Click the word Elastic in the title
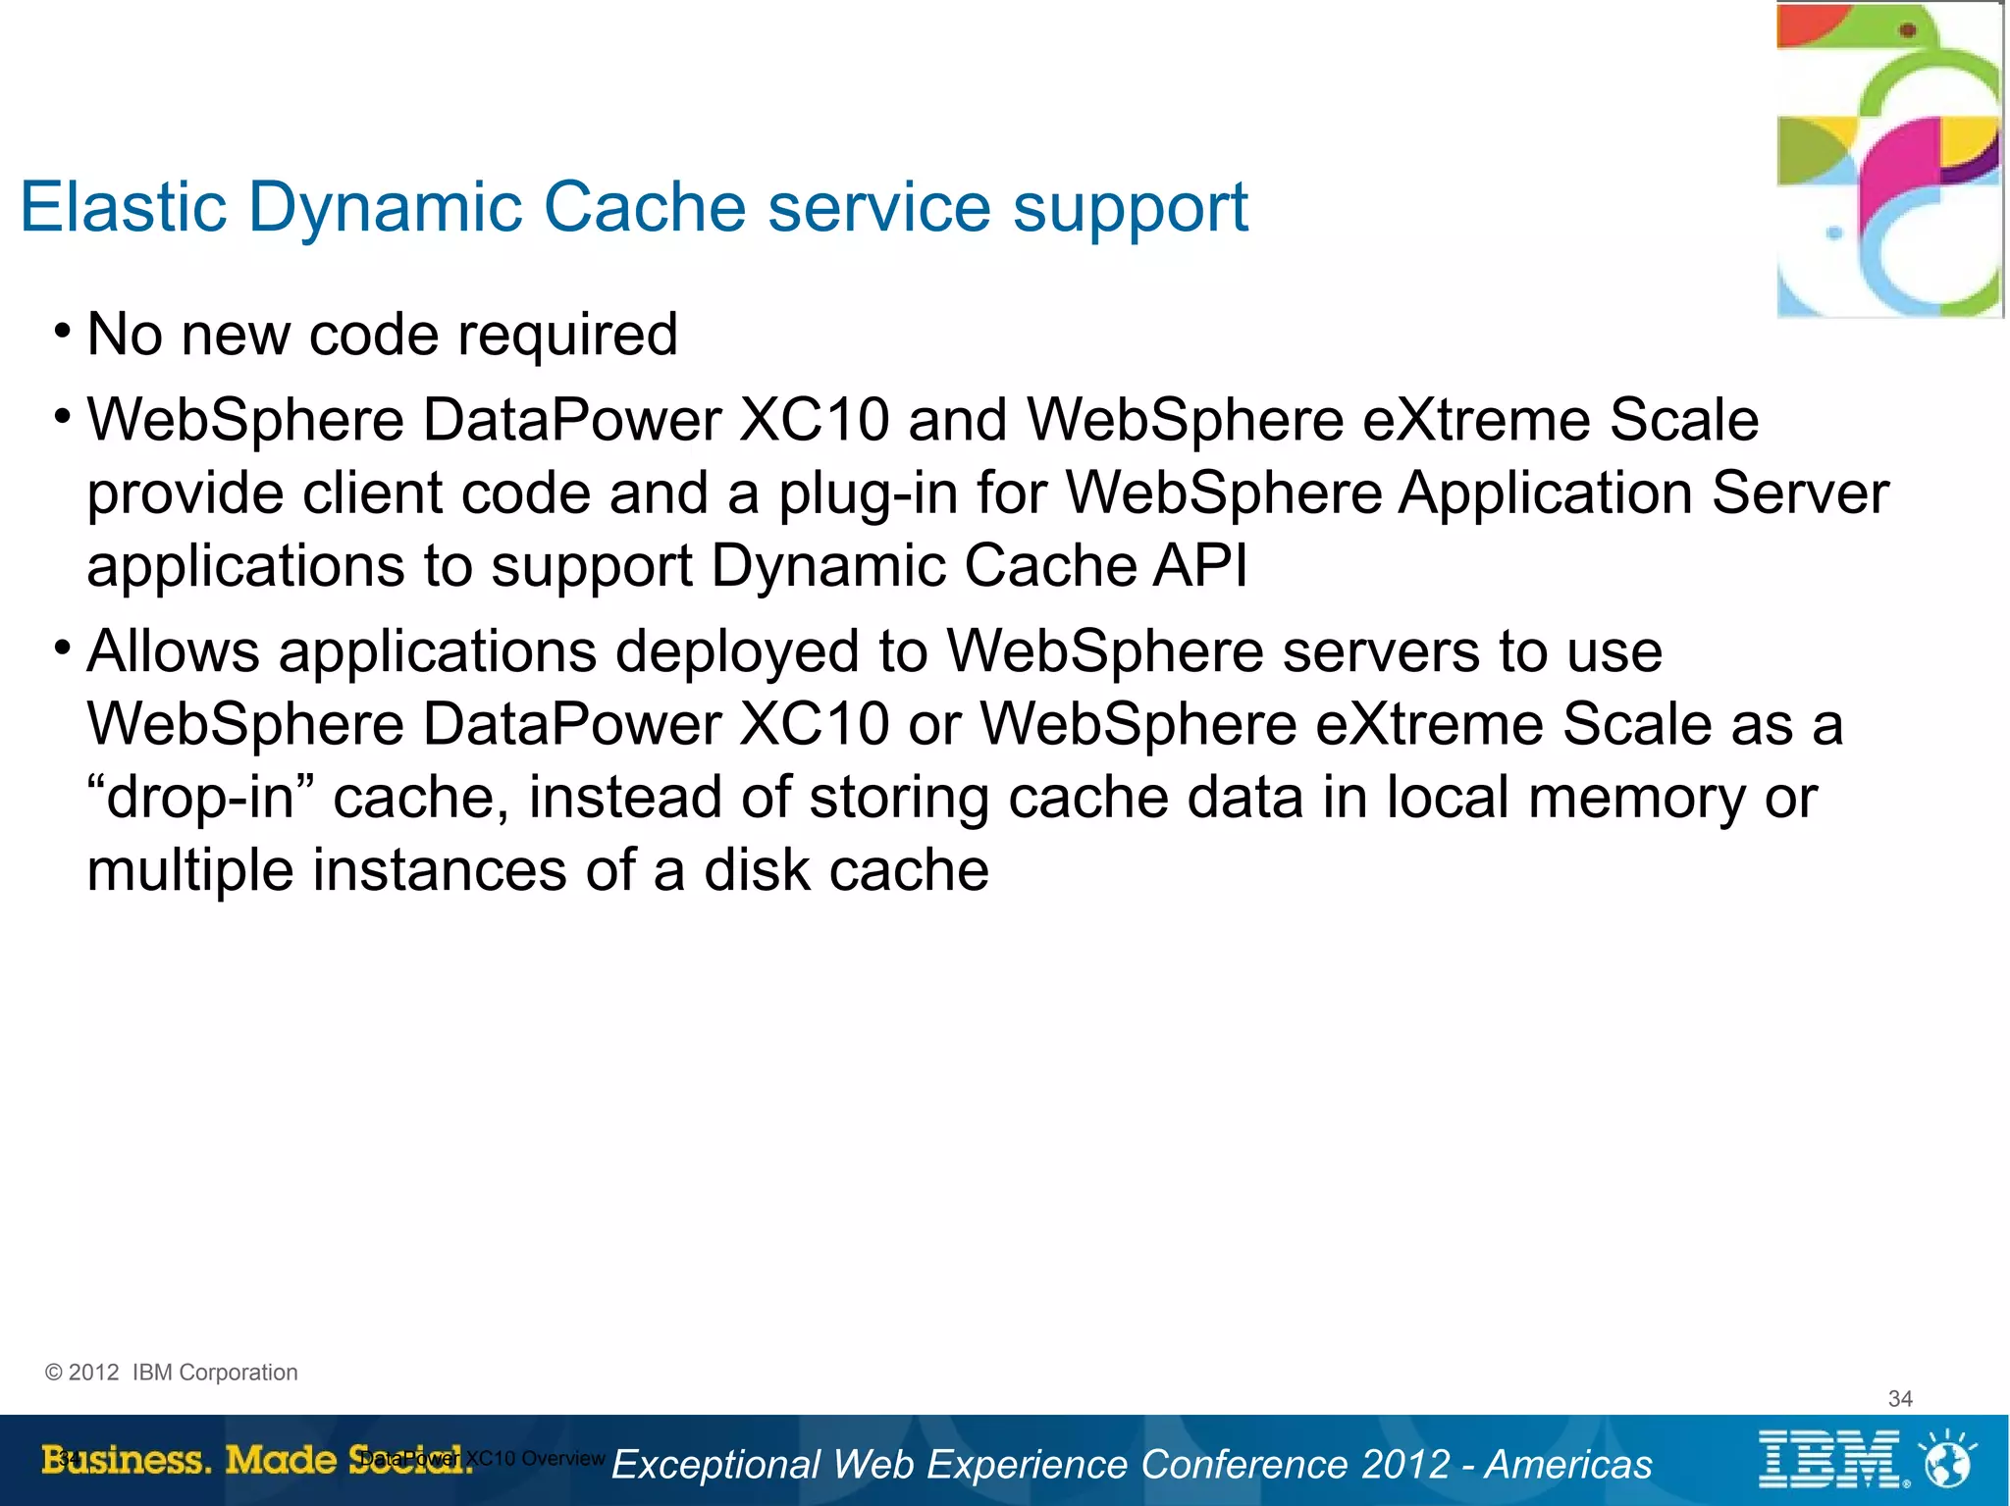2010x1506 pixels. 124,207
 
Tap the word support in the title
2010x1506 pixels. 1130,209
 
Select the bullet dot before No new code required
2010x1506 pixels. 63,331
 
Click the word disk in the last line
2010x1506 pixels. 757,870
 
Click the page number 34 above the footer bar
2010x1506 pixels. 1900,1398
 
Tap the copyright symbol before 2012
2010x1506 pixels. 53,1373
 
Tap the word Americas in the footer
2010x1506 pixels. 1568,1464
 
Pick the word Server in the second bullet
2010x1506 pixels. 1800,493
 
